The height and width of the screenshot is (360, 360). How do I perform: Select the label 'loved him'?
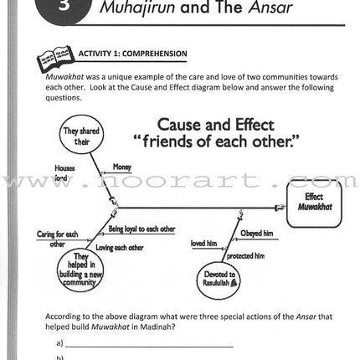click(x=203, y=243)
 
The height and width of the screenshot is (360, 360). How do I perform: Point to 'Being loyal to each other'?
click(x=141, y=228)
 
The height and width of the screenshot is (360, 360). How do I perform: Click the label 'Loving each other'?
click(x=126, y=248)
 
